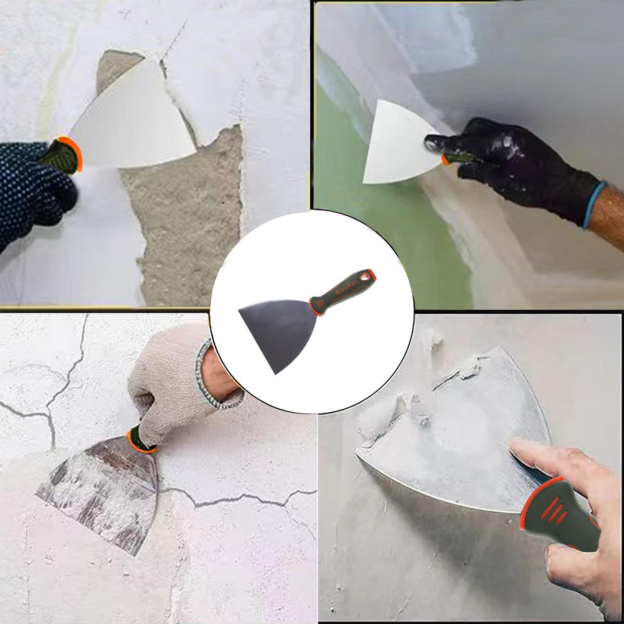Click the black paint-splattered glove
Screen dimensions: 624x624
(515, 161)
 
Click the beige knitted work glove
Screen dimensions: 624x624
(166, 385)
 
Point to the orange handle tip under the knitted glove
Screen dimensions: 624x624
(136, 442)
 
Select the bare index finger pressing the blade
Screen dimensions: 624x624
(541, 458)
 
